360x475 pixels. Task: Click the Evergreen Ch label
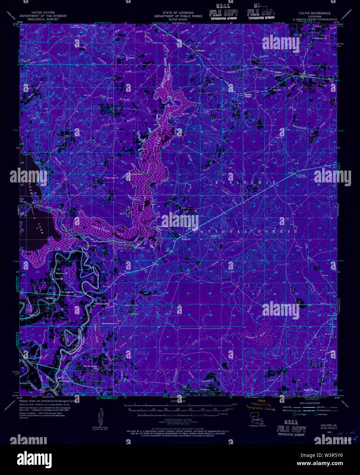pyautogui.click(x=130, y=58)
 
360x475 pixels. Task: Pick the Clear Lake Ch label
pyautogui.click(x=112, y=178)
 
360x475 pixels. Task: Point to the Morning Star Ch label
pyautogui.click(x=109, y=323)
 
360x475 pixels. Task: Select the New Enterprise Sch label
pyautogui.click(x=90, y=367)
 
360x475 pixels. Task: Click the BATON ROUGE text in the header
pyautogui.click(x=178, y=19)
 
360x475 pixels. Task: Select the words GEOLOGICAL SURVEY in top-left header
pyautogui.click(x=43, y=19)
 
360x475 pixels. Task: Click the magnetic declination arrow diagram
pyautogui.click(x=100, y=416)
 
